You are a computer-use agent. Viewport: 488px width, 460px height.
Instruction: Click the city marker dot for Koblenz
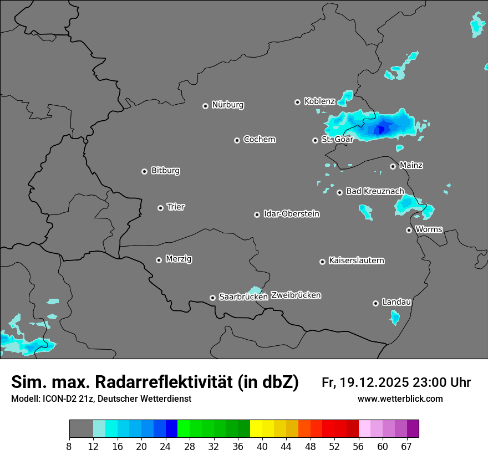[x=297, y=102]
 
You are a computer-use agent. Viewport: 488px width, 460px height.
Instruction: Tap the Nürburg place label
[x=227, y=105]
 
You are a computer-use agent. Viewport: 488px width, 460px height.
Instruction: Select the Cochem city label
[x=259, y=139]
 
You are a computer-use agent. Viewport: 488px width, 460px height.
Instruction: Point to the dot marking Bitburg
[x=144, y=171]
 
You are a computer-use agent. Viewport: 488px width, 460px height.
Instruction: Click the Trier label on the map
[x=176, y=207]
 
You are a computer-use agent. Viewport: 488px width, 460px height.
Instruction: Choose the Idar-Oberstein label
[x=291, y=213]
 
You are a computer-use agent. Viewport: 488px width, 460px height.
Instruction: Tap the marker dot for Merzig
[x=159, y=260]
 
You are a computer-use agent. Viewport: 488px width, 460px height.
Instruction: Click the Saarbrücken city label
[x=243, y=297]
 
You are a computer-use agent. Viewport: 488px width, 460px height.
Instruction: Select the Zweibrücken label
[x=296, y=295]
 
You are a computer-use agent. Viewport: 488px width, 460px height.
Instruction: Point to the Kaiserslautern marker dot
[x=322, y=262]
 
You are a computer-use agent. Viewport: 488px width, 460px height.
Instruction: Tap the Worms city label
[x=429, y=229]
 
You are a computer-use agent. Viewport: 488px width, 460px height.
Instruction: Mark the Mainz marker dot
[x=393, y=166]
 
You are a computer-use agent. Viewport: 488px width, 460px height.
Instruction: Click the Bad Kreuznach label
[x=375, y=191]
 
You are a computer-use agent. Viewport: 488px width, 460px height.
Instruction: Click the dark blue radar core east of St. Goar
[x=380, y=129]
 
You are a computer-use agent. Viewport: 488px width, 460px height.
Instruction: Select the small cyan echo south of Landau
[x=395, y=317]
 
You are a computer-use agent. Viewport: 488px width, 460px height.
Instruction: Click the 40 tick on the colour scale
[x=262, y=447]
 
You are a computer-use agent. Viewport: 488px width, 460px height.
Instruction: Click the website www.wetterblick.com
[x=400, y=398]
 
